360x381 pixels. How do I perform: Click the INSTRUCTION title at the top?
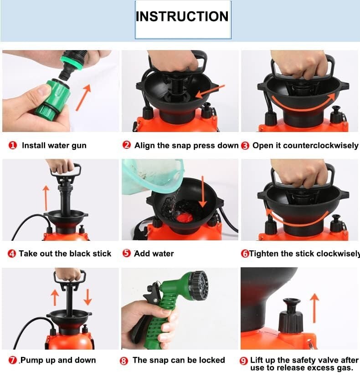(x=182, y=16)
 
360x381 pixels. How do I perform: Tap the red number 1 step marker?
(x=12, y=145)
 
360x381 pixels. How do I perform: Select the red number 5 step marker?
(x=127, y=253)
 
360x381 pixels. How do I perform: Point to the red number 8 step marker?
(x=124, y=361)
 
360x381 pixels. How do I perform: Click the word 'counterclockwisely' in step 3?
(x=321, y=145)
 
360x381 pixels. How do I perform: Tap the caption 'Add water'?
(x=154, y=254)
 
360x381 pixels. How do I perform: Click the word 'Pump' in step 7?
(x=31, y=360)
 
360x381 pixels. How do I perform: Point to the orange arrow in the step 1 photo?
(x=83, y=97)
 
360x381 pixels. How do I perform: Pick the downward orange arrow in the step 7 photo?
(x=87, y=297)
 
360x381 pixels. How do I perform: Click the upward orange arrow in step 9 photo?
(x=314, y=308)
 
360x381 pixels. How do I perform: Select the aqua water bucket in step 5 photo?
(x=152, y=176)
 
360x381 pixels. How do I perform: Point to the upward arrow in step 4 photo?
(x=46, y=198)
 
